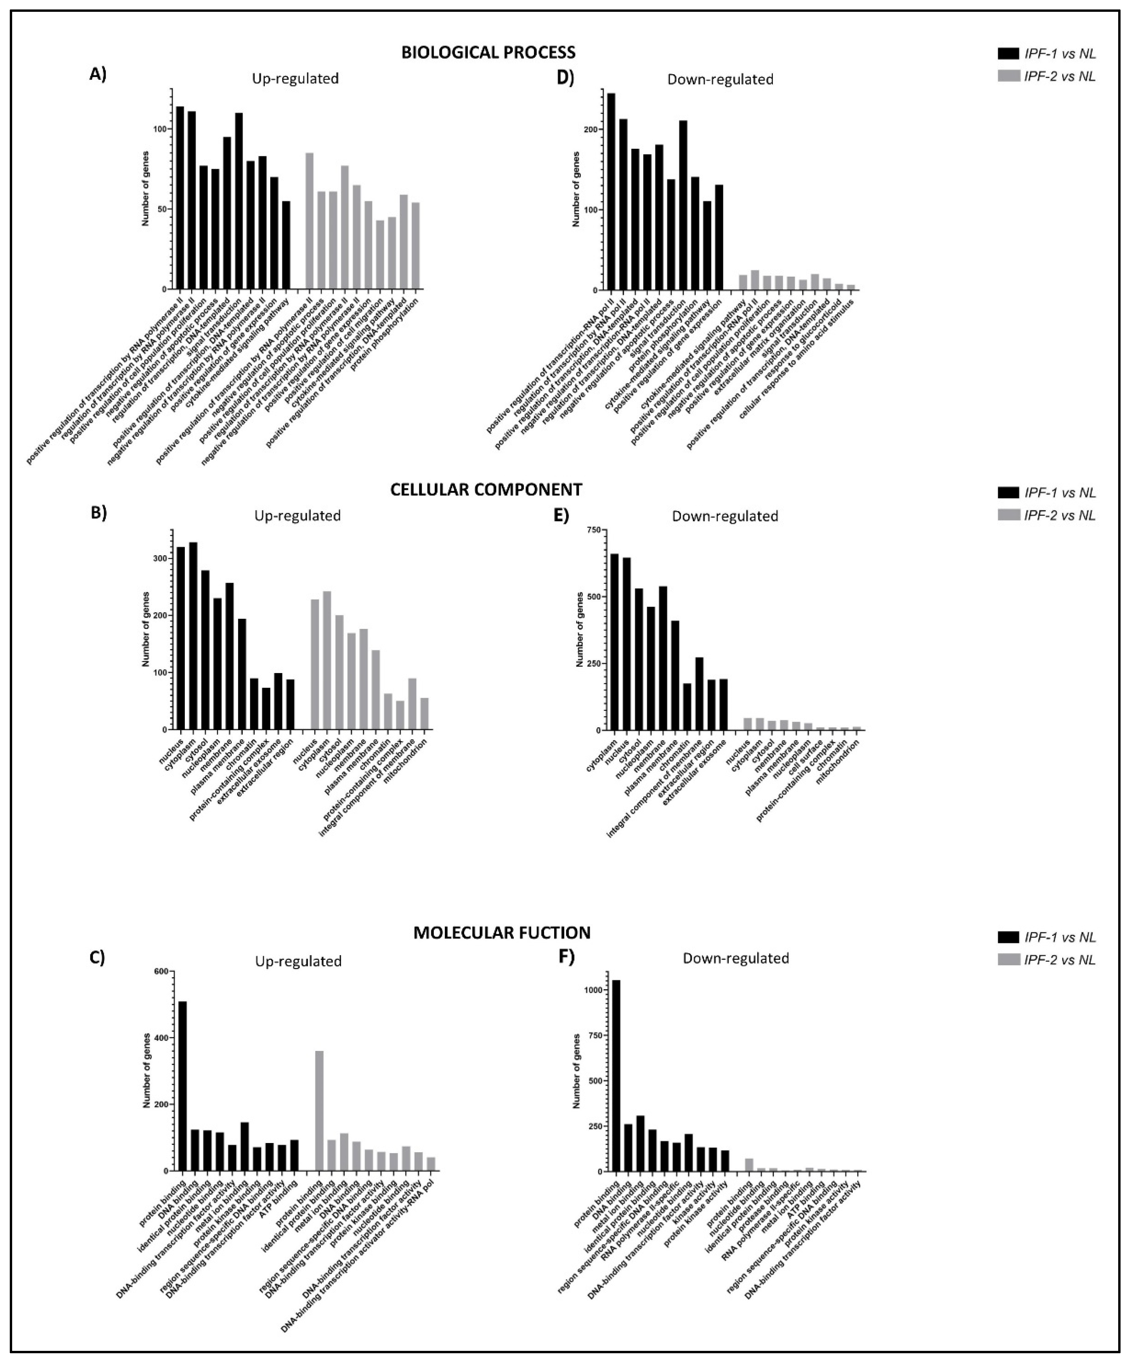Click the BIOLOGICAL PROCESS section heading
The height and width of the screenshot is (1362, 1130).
488,52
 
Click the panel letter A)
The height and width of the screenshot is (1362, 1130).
97,74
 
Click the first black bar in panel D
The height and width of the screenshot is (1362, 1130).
611,192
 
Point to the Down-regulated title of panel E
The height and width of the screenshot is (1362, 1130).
725,516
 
